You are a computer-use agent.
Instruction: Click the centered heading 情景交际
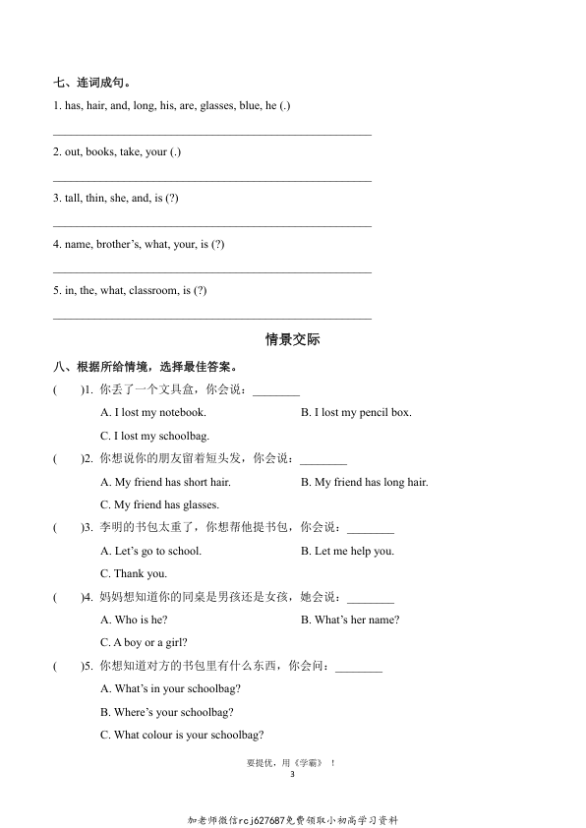click(x=293, y=340)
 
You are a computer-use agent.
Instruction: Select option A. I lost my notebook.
click(x=153, y=413)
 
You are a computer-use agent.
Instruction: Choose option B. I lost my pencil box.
click(x=356, y=413)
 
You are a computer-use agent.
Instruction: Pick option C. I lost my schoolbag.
click(x=154, y=436)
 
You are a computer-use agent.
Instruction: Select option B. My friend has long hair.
click(x=364, y=482)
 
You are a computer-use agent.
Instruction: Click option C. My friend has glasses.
click(x=159, y=504)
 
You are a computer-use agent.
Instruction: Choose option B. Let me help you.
click(x=347, y=551)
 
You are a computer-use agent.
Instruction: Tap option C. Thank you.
click(x=134, y=573)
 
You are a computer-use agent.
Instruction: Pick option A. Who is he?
click(x=135, y=620)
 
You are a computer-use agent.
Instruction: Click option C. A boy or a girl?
click(x=145, y=642)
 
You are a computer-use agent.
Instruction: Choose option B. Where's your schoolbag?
click(x=167, y=712)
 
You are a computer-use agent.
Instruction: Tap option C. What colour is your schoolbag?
click(x=182, y=735)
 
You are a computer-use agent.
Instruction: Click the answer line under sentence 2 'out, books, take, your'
click(x=211, y=180)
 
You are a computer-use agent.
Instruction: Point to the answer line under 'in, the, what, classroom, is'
click(x=211, y=318)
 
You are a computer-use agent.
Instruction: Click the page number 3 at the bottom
click(x=293, y=775)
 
